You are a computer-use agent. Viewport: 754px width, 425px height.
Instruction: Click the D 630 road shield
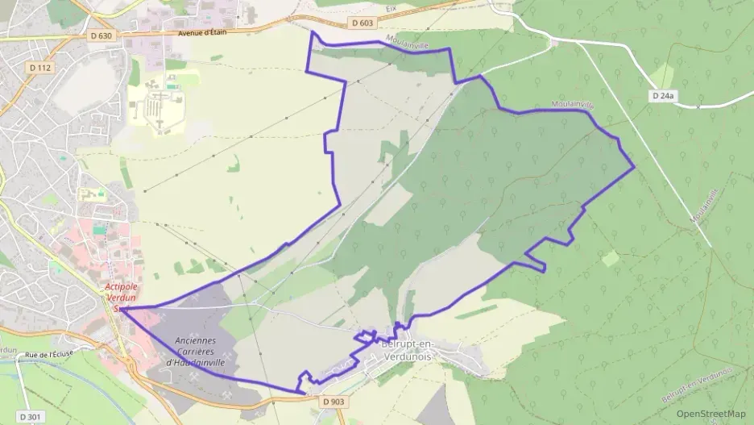coord(101,35)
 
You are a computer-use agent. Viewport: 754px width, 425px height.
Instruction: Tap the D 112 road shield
coord(39,68)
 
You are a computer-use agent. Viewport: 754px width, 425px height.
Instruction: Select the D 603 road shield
coord(362,23)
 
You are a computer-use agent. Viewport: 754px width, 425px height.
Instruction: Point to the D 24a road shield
coord(661,96)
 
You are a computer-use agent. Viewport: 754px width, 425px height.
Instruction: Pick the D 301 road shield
coord(29,416)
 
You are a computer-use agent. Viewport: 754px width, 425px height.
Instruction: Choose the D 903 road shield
coord(333,401)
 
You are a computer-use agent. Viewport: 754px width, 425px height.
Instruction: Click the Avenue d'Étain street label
coord(201,33)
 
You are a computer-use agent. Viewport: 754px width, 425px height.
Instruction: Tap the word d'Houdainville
coord(194,362)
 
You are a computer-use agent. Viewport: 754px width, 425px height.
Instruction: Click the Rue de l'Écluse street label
coord(50,355)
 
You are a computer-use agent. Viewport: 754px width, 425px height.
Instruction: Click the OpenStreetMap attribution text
coord(710,414)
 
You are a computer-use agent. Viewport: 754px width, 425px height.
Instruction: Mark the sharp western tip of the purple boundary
coord(123,308)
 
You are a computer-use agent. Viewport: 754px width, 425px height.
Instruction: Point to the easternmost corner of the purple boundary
coord(635,167)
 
